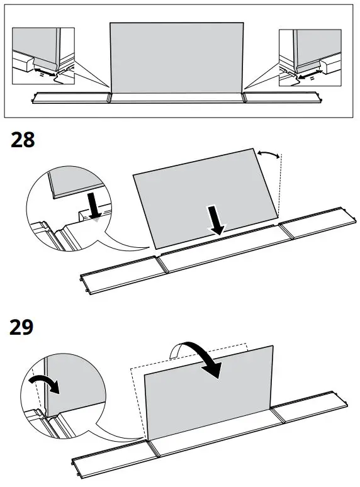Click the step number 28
coord(23,140)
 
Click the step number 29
coord(23,328)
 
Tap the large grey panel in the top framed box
coord(177,60)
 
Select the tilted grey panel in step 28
coord(204,194)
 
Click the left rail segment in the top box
coord(71,98)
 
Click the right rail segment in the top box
coord(283,98)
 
